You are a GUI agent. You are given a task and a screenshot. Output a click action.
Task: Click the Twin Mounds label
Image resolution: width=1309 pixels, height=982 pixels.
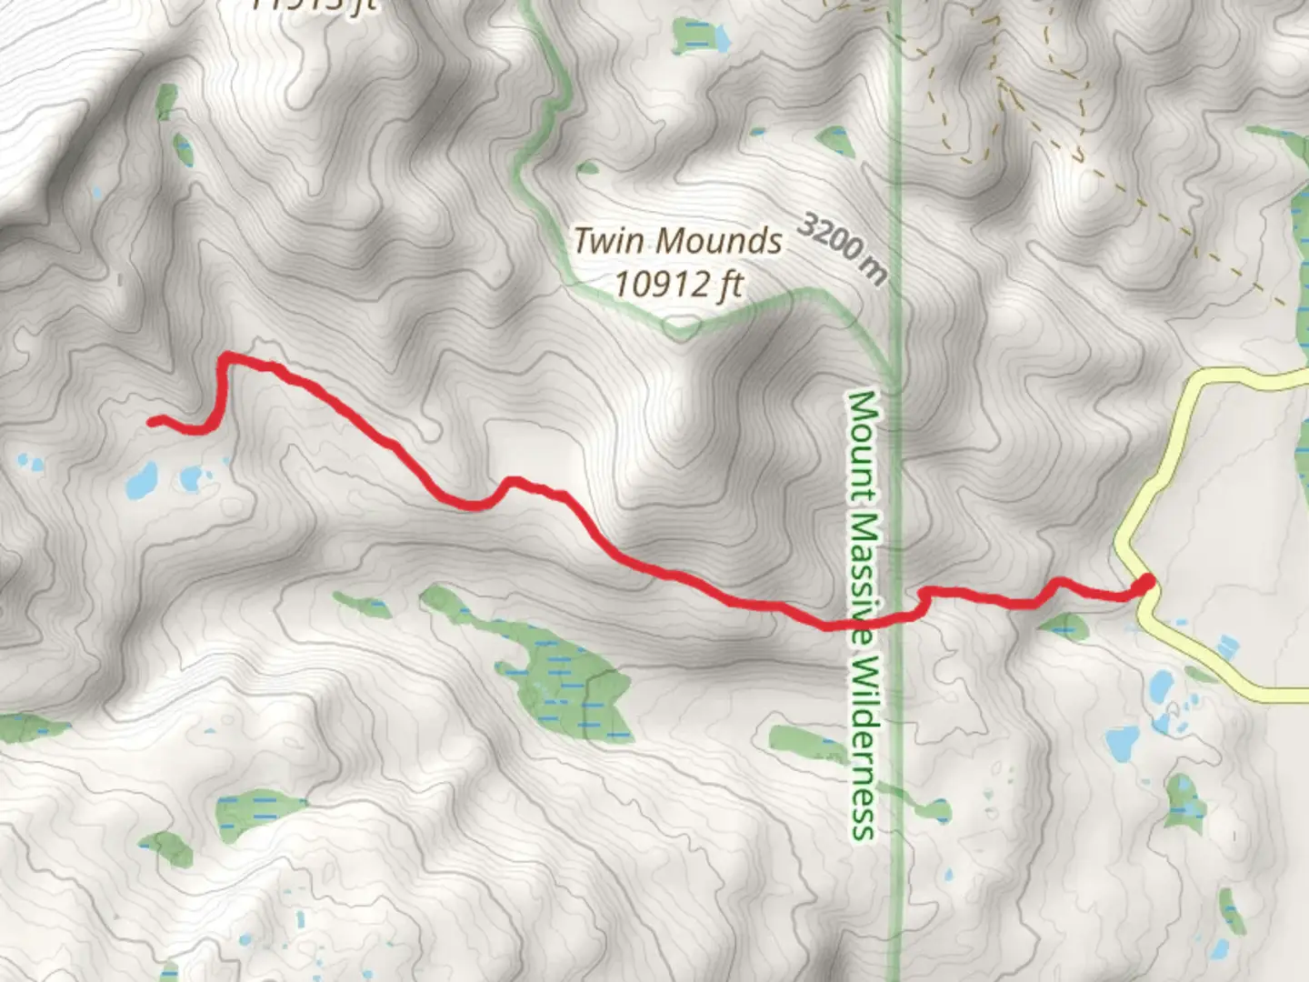[677, 241]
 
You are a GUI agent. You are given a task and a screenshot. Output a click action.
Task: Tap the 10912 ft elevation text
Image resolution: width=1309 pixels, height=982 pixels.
[678, 285]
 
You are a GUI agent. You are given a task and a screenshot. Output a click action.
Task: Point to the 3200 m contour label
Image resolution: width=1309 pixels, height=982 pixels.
[843, 247]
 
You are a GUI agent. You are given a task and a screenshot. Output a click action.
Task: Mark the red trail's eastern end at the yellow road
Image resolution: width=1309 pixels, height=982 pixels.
[1145, 582]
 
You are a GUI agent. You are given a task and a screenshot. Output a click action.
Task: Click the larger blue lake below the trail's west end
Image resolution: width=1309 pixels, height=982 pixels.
[142, 480]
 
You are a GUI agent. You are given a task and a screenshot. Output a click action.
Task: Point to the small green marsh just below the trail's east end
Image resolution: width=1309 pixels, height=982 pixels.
[1063, 626]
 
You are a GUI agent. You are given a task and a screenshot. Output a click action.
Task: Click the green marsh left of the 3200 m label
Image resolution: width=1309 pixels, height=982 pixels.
[833, 140]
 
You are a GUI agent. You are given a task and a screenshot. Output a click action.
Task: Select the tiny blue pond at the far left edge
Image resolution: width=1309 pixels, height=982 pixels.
[30, 465]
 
